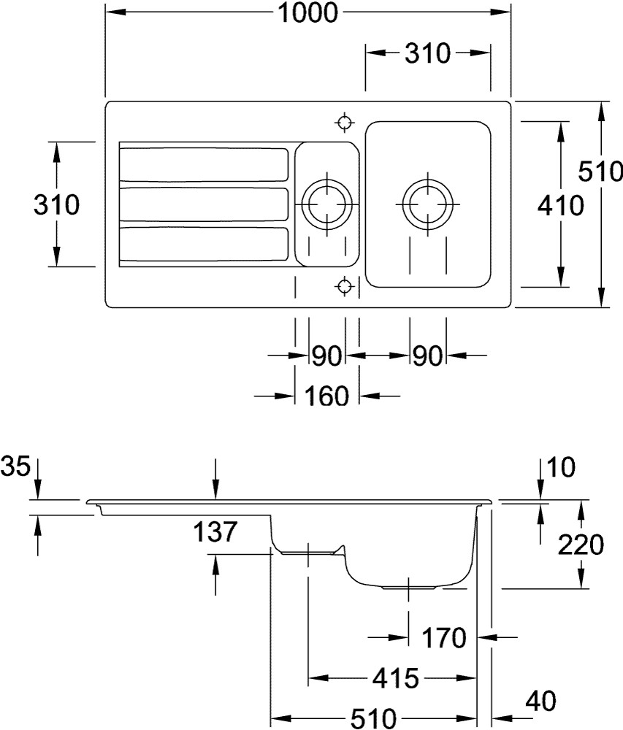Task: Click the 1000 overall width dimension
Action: pos(309,13)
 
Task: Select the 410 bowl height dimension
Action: pos(561,207)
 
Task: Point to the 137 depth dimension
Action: pos(215,532)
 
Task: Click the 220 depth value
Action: pos(580,545)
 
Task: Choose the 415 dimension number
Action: pos(395,678)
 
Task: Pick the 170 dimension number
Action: pos(443,638)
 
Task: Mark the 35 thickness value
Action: pos(16,465)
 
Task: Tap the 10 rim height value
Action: pos(560,465)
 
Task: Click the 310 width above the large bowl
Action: pos(427,53)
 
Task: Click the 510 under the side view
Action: pos(375,718)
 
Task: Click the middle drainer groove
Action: pos(204,204)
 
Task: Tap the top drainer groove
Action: pos(204,164)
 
